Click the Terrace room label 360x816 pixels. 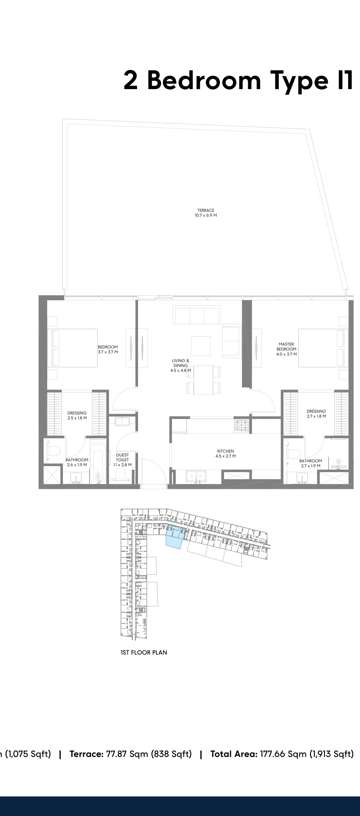coord(206,213)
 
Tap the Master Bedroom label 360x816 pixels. coord(287,349)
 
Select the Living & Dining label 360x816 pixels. coord(181,366)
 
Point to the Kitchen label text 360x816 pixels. coord(225,454)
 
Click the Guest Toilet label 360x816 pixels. coord(122,460)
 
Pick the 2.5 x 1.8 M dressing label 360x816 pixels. coord(77,416)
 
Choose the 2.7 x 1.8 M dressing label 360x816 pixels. coord(316,414)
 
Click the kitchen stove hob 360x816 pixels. coord(242,425)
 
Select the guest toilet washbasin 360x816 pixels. coord(122,421)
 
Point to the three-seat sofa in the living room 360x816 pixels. coord(197,315)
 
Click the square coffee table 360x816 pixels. coord(201,346)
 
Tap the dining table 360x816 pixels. coord(203,380)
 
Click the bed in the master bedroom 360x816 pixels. coord(323,348)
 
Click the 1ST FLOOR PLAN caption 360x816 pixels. coord(144,652)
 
